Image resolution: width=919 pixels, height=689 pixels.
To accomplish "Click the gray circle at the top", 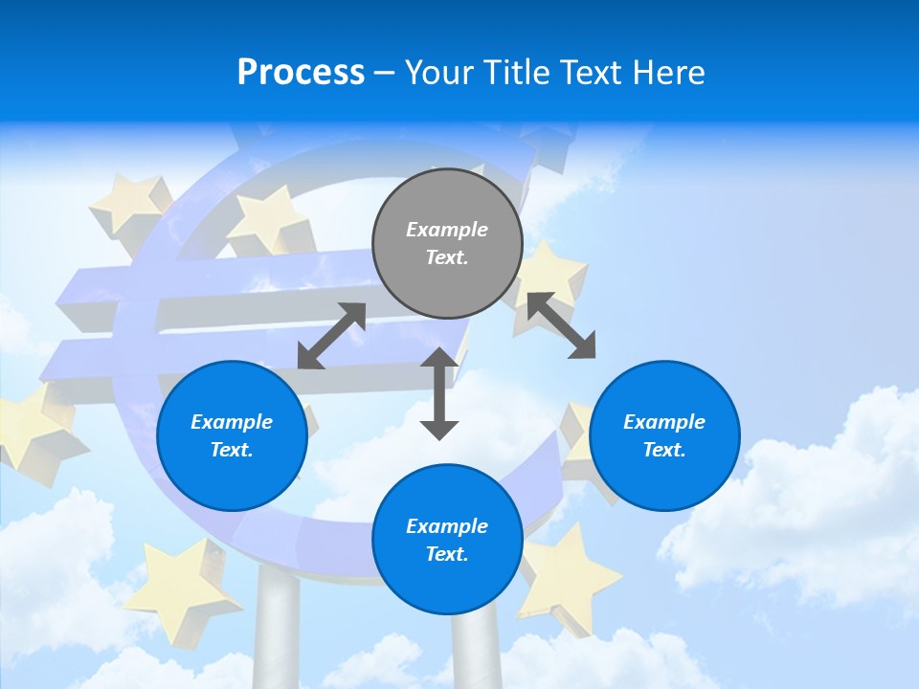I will pyautogui.click(x=447, y=243).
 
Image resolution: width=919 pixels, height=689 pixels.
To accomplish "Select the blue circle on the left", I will pyautogui.click(x=232, y=435).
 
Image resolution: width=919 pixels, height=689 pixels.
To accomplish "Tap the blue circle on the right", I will pyautogui.click(x=664, y=435).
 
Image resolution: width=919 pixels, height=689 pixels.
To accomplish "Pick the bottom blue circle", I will pyautogui.click(x=447, y=540).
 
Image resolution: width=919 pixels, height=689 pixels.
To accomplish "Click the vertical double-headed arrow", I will pyautogui.click(x=439, y=393).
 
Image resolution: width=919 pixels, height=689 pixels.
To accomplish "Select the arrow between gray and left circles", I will pyautogui.click(x=331, y=336).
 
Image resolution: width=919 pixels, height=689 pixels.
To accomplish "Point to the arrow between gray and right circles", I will pyautogui.click(x=561, y=325).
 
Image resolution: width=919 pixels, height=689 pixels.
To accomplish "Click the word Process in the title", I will pyautogui.click(x=301, y=72).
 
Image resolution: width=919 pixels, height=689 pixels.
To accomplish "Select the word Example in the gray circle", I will pyautogui.click(x=447, y=230).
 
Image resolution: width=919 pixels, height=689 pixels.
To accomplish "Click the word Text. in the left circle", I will pyautogui.click(x=232, y=450).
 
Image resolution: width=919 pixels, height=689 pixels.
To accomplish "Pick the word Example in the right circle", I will pyautogui.click(x=664, y=422).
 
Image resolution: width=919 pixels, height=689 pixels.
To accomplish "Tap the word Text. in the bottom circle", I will pyautogui.click(x=447, y=554).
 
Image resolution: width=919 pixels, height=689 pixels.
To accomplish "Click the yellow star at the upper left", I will pyautogui.click(x=129, y=203).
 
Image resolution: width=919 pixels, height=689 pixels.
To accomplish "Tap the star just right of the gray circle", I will pyautogui.click(x=550, y=278).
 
